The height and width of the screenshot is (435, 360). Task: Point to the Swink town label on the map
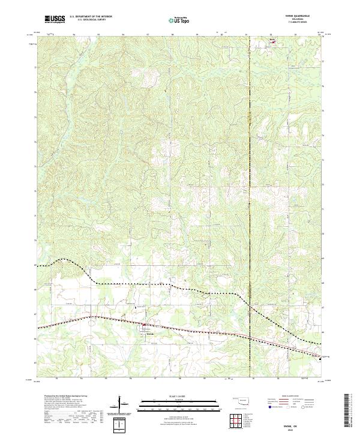[151, 335]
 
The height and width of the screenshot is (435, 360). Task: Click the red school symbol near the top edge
[274, 42]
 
